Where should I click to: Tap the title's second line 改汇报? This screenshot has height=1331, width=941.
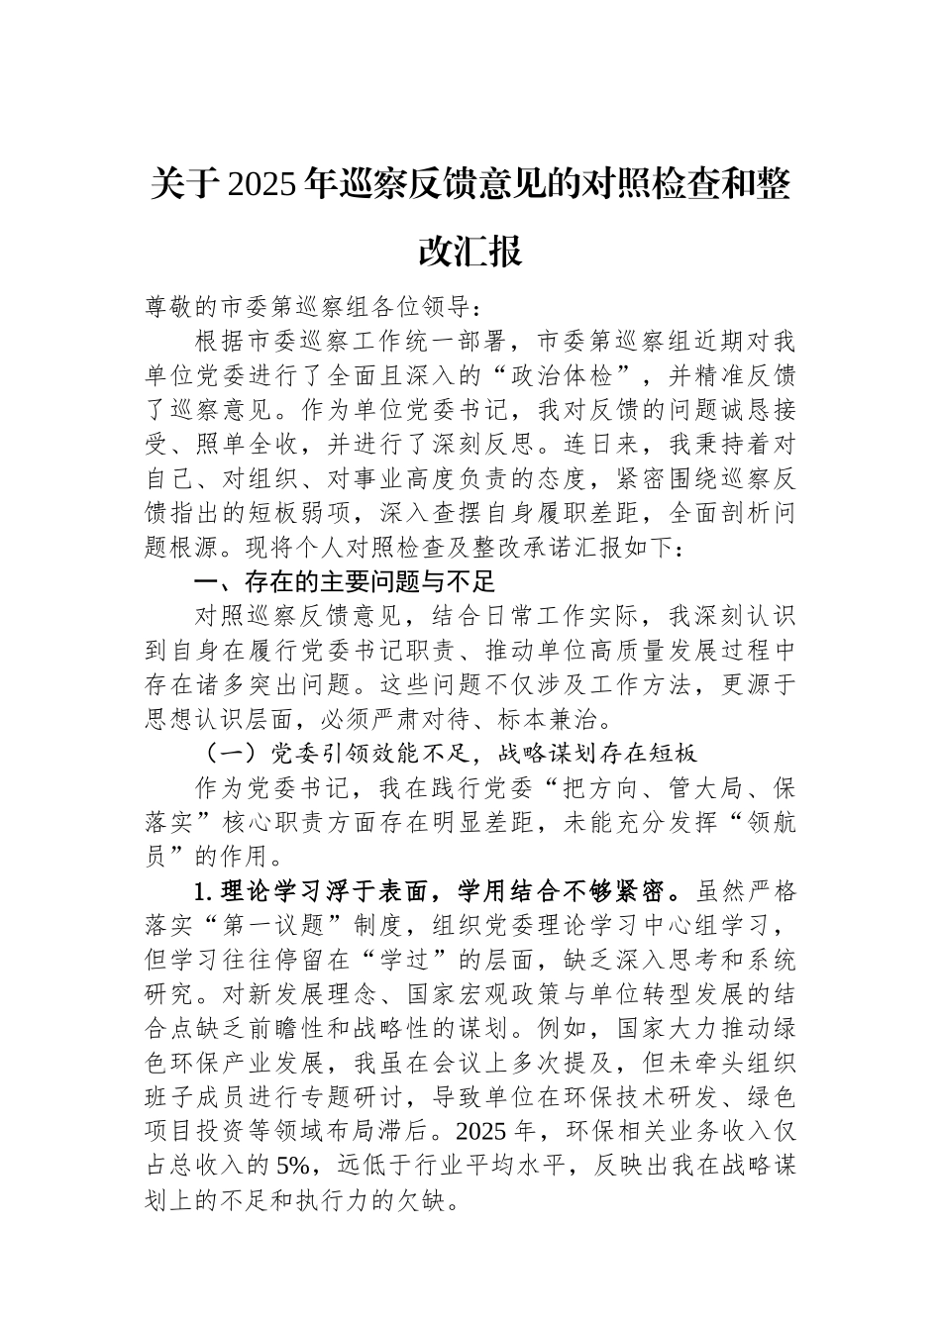point(470,252)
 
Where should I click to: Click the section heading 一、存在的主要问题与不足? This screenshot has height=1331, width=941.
point(344,581)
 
